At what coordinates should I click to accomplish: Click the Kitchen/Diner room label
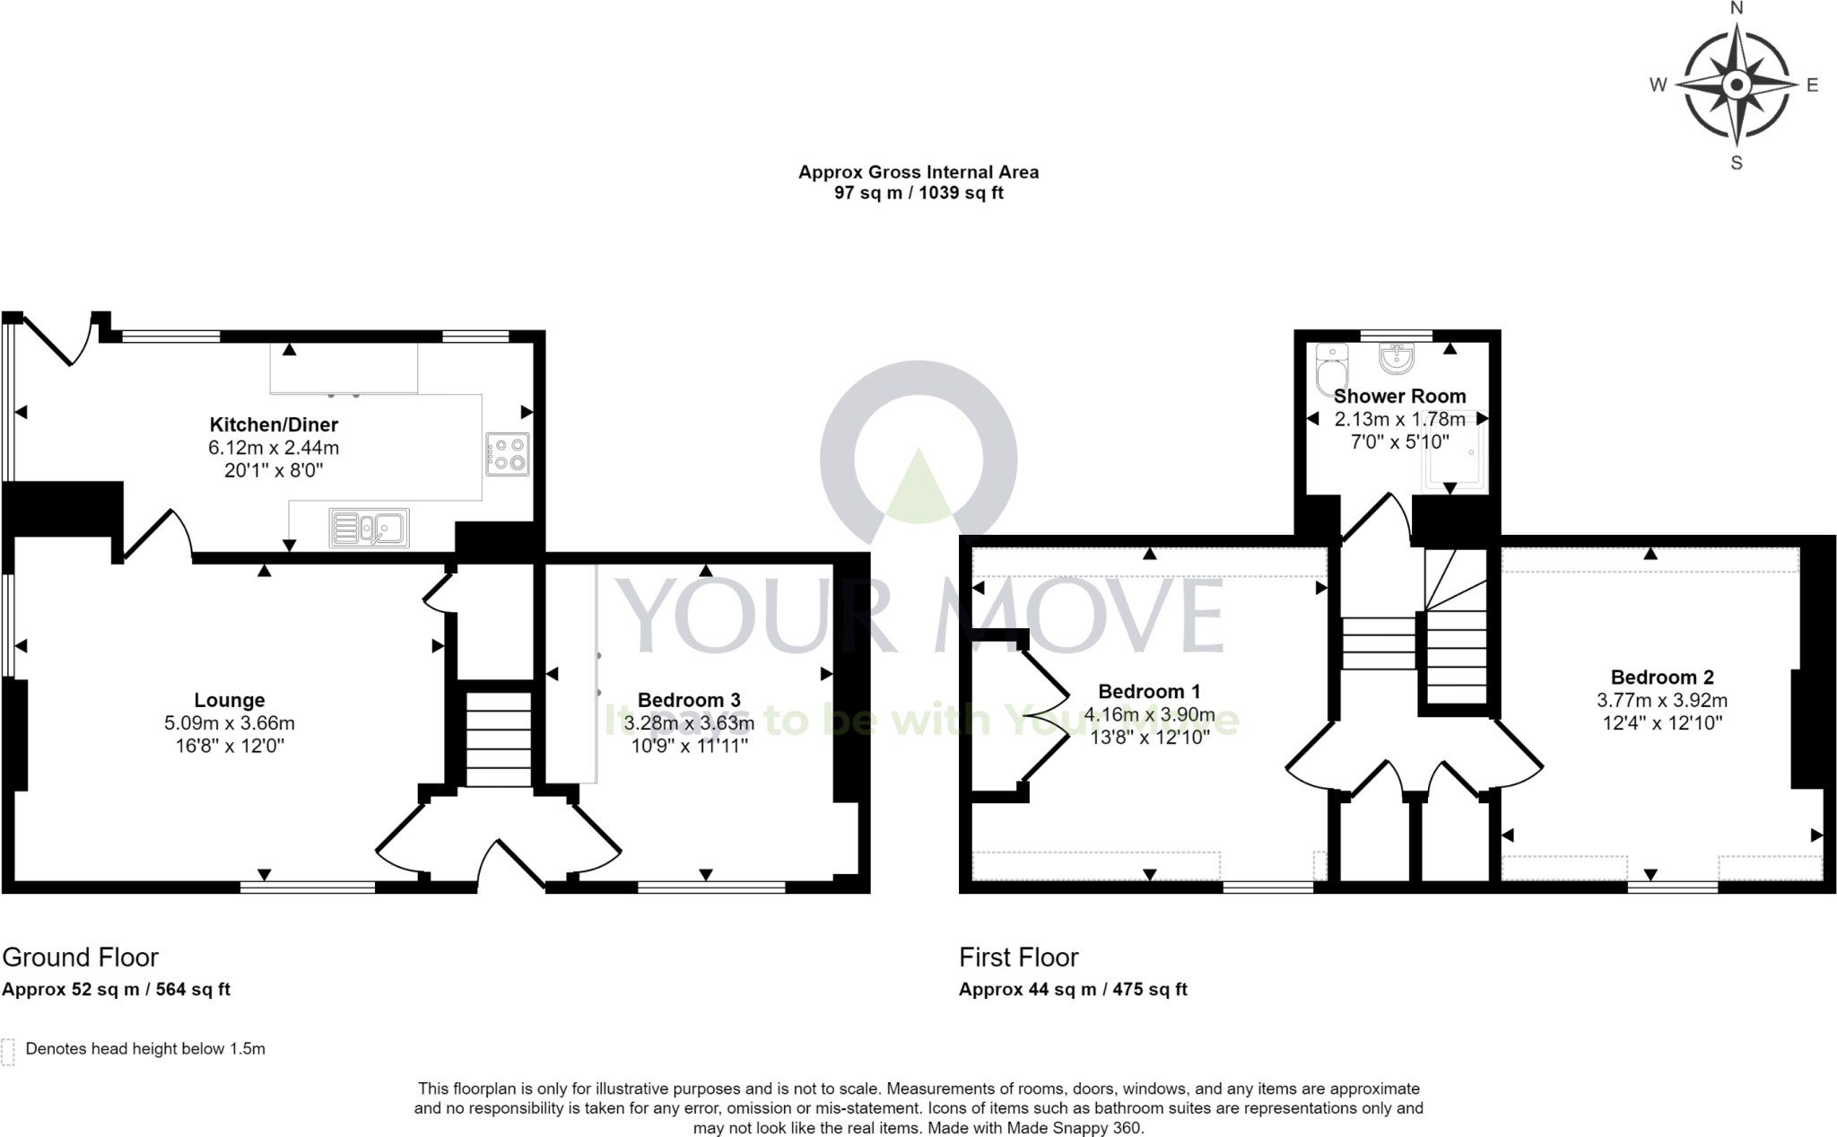point(274,424)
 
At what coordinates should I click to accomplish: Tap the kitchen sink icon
point(370,529)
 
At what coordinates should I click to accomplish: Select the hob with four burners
point(509,454)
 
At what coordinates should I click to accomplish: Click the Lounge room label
point(230,700)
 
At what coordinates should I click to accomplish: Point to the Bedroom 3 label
point(689,700)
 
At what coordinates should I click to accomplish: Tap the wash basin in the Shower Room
point(1397,358)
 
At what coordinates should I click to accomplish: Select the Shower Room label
point(1399,396)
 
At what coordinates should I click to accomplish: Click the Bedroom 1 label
point(1149,691)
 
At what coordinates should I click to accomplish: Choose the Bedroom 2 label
point(1662,678)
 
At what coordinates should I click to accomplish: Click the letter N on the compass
point(1737,9)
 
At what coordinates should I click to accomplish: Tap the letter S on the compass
point(1737,163)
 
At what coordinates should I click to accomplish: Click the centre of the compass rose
point(1737,85)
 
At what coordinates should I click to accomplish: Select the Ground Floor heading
point(81,958)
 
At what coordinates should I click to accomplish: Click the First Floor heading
point(1019,958)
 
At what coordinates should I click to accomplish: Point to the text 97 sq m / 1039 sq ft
point(918,193)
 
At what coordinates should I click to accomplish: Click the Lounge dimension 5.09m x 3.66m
point(230,723)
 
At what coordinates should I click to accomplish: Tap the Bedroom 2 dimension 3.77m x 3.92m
point(1662,700)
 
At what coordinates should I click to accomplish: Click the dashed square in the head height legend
point(9,1052)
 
